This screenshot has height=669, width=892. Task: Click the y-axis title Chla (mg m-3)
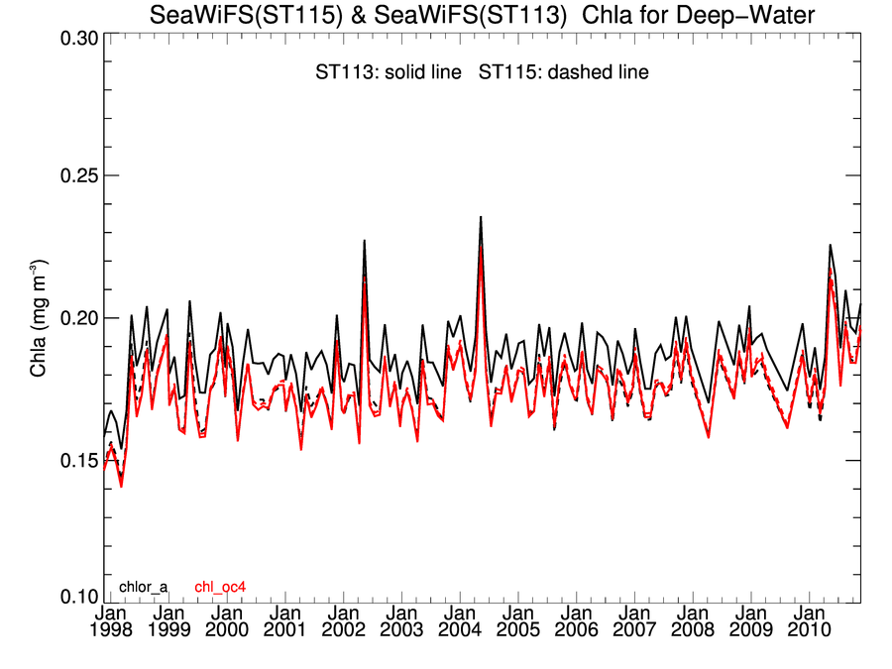tap(39, 318)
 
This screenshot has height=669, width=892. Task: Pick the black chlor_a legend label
tap(143, 588)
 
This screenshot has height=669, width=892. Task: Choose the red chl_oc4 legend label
tap(220, 588)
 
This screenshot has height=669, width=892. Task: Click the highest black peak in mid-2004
tap(481, 217)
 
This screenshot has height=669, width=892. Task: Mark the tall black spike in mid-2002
tap(365, 241)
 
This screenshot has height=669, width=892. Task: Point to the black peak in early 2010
tap(831, 245)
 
